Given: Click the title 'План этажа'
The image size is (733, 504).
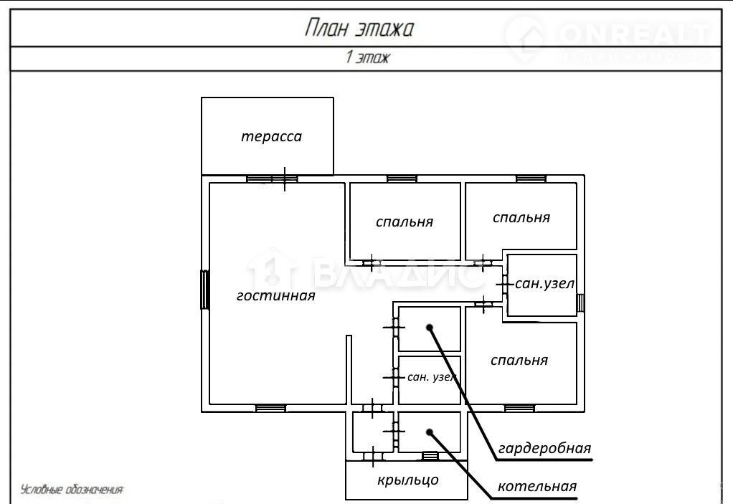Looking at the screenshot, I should [x=359, y=29].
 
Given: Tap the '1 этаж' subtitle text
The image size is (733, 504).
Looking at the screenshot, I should [x=366, y=58].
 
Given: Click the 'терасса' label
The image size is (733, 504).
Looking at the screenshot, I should [x=271, y=136].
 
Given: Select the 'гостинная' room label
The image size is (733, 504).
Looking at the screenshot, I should [x=276, y=295].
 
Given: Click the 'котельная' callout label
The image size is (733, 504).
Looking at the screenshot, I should [x=537, y=487].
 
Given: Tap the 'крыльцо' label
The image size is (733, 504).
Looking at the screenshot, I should [x=407, y=480].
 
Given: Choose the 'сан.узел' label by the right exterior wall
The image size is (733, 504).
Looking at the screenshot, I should [x=545, y=284].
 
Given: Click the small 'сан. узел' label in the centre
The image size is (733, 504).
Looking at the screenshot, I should [x=432, y=376].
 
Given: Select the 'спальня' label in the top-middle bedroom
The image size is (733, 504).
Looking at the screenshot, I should [x=405, y=222].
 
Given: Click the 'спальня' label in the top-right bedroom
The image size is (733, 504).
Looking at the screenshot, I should [x=521, y=217].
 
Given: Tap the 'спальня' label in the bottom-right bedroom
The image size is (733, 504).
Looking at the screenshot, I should [x=519, y=360].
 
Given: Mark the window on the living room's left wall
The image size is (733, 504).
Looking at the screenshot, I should [x=204, y=289].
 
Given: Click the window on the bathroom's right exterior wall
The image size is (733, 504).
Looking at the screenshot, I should [x=581, y=302].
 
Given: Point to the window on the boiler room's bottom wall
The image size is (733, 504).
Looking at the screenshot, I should [x=430, y=455].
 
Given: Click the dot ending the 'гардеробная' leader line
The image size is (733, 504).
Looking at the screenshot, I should [x=430, y=328].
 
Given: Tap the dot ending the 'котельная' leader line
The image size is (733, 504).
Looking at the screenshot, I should [x=430, y=432].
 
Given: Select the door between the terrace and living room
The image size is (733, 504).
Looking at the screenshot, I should [x=285, y=179].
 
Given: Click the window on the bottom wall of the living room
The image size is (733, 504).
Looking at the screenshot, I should [x=270, y=408].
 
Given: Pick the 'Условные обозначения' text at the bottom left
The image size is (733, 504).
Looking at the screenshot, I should [x=72, y=490].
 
